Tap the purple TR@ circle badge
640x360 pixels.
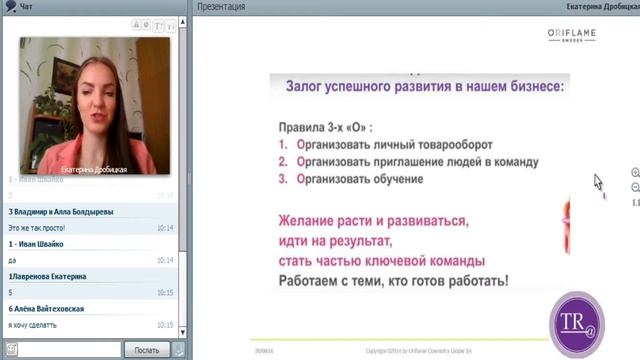pos(575,322)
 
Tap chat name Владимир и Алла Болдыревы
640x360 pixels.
pos(61,212)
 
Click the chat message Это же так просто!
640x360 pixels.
pos(44,228)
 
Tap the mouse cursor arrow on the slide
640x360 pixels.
pos(598,182)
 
